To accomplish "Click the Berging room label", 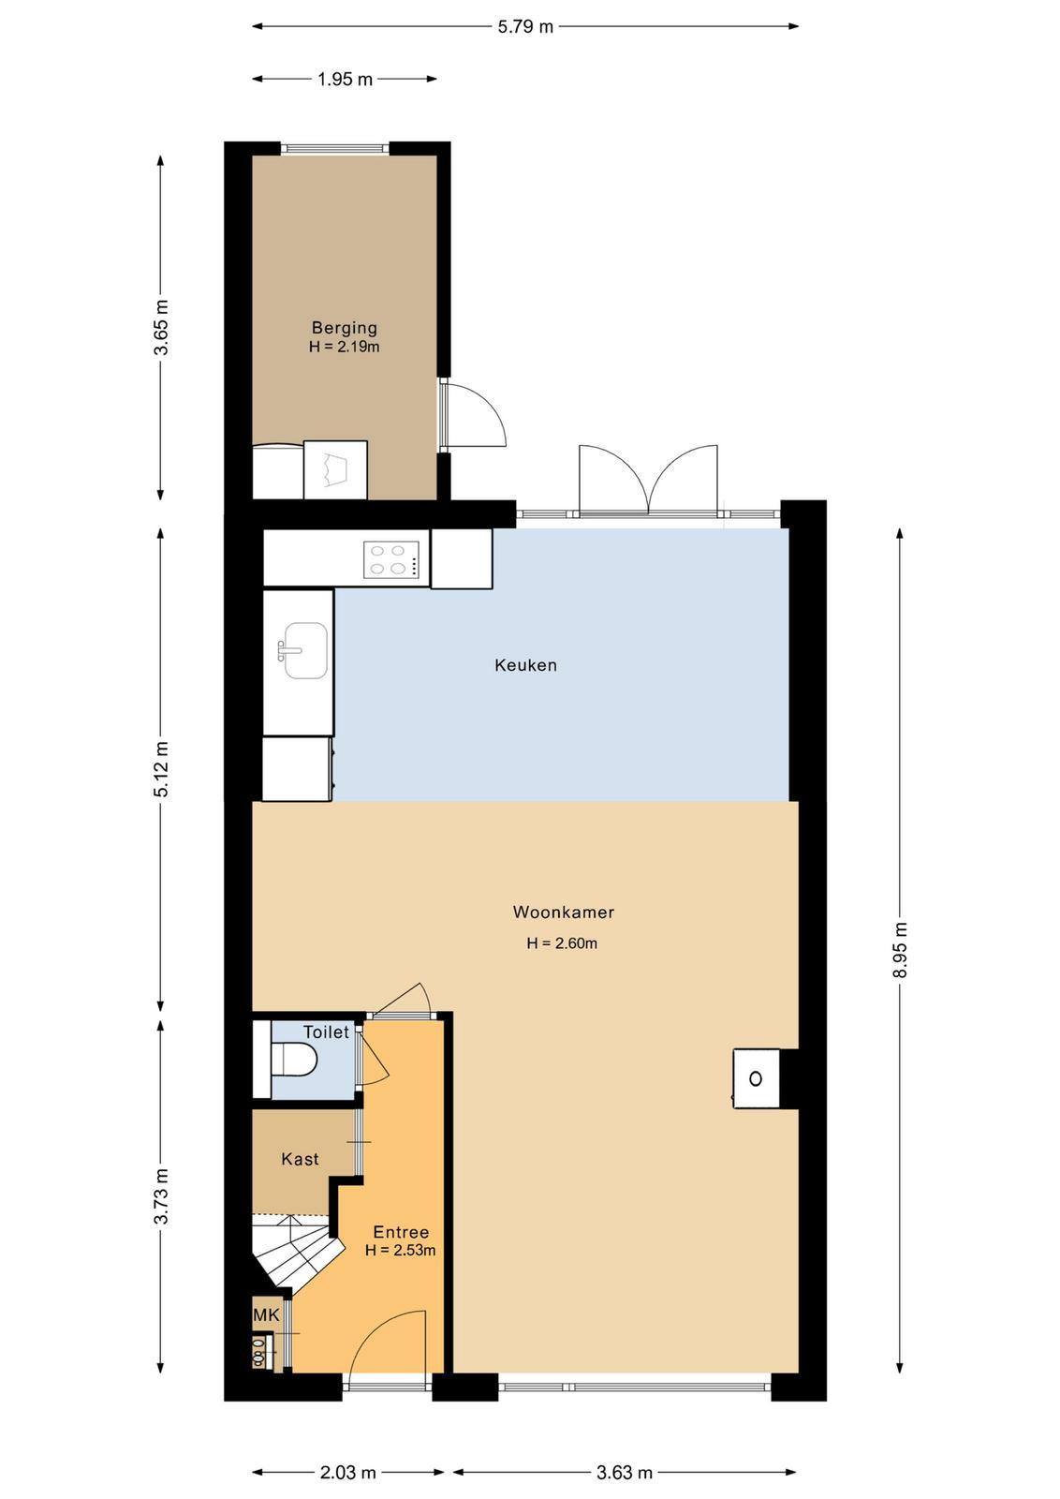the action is [x=345, y=328].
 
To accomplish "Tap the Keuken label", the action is [x=525, y=665].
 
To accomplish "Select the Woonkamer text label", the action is [x=563, y=913].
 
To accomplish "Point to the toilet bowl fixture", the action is [x=294, y=1058].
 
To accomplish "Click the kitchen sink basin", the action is [x=305, y=651].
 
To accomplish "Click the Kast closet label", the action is [x=300, y=1159].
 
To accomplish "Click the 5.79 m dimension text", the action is [x=525, y=27].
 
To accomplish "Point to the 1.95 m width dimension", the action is [x=345, y=80].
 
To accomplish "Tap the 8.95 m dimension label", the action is [x=900, y=950].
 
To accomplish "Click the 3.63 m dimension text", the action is [x=624, y=1472].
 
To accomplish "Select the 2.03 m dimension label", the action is [x=347, y=1472].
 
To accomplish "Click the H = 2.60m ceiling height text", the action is [x=562, y=943].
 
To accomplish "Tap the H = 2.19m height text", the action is [x=345, y=347].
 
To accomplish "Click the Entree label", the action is [x=401, y=1232].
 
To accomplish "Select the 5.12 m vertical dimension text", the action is [x=161, y=769].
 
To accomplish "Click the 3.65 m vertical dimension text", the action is [x=161, y=328].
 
